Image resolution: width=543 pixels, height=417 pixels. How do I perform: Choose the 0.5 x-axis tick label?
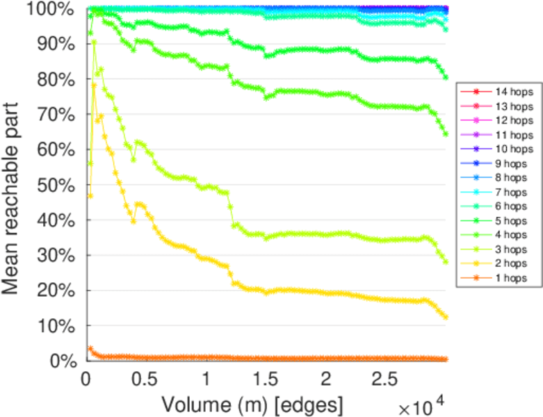[x=145, y=379]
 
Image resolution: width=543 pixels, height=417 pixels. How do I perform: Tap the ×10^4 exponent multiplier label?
[x=421, y=402]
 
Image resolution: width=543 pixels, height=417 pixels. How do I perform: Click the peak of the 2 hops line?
[x=94, y=85]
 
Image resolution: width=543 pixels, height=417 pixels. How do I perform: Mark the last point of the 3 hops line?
[x=446, y=262]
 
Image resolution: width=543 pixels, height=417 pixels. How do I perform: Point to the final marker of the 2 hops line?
[x=446, y=317]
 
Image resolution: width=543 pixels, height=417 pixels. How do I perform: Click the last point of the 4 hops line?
[x=446, y=133]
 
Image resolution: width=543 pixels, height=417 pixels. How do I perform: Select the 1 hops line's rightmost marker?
[x=446, y=359]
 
